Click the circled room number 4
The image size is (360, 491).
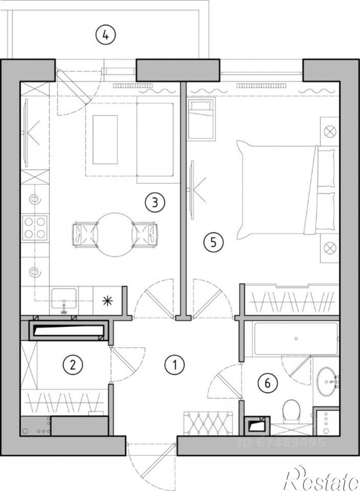[106, 35]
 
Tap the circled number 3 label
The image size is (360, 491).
[155, 202]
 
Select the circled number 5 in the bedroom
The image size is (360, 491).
[214, 242]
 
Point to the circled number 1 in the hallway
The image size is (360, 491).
[174, 364]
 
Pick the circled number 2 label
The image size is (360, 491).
[72, 364]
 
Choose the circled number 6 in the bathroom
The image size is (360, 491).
[268, 383]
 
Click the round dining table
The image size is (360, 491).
[115, 235]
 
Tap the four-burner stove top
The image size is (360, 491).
[35, 228]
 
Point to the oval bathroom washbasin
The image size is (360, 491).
[326, 382]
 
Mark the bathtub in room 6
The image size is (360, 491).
[296, 339]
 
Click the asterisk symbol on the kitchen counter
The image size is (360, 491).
[107, 301]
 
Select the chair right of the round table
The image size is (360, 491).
[145, 235]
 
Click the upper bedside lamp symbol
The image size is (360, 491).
[330, 132]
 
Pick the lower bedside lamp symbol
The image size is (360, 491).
[330, 248]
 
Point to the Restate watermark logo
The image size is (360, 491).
[321, 479]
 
